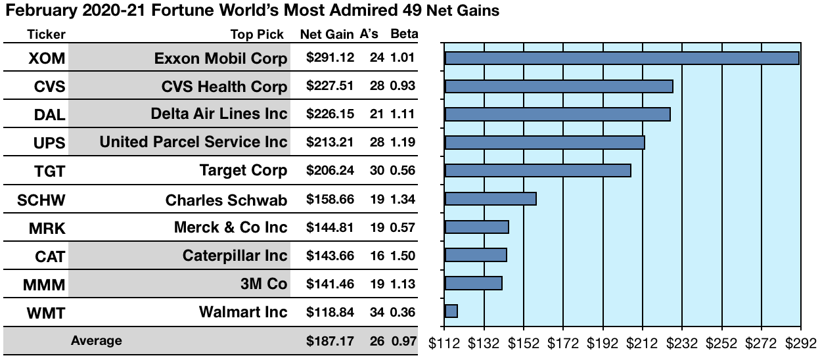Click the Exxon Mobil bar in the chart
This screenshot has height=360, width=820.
(622, 58)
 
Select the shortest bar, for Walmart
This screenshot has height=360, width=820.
(451, 311)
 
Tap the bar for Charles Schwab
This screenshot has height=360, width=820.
(491, 198)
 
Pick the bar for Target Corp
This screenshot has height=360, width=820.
(538, 171)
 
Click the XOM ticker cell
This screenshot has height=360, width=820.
(47, 58)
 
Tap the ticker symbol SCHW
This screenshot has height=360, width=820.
(41, 200)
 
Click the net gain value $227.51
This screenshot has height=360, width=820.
(330, 87)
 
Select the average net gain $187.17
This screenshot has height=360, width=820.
(330, 341)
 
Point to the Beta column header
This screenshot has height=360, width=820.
(403, 34)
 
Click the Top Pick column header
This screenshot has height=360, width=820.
(257, 35)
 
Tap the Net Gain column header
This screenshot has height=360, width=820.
(327, 35)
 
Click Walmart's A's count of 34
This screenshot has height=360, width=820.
(376, 312)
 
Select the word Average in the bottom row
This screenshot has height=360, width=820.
(96, 341)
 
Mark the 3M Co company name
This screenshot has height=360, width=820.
(265, 284)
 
